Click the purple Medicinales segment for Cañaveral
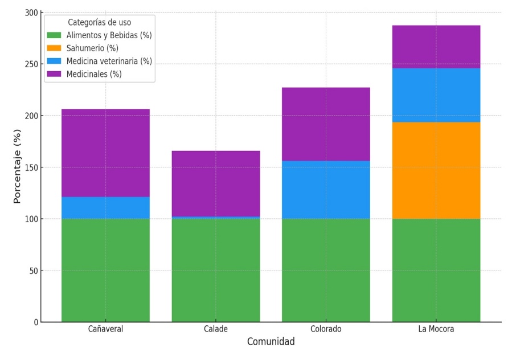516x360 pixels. [105, 153]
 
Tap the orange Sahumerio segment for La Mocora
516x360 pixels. [436, 170]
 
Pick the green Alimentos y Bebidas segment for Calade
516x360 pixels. [216, 270]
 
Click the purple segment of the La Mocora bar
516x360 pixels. [436, 47]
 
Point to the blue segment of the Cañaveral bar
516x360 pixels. [105, 208]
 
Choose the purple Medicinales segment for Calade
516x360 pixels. [216, 183]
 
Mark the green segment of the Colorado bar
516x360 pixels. [326, 270]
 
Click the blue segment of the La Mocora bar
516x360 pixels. [436, 95]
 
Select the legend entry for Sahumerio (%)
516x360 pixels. [92, 48]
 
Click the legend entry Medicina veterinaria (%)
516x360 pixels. [109, 61]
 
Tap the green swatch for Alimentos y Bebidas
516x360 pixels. [54, 35]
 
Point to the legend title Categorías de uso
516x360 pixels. [99, 23]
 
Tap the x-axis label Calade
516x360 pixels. [216, 329]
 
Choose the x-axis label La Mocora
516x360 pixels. [436, 329]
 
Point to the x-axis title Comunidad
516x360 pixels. [271, 342]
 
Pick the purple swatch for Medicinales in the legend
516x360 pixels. [54, 74]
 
